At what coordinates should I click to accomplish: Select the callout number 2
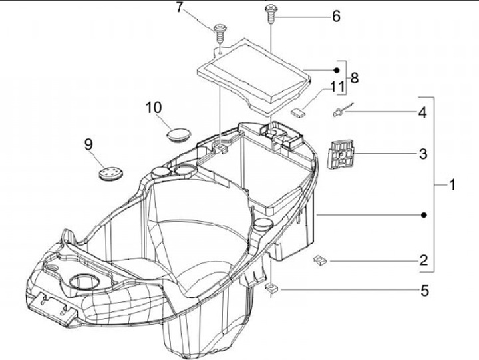coord(423,260)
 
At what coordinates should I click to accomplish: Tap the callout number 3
coord(423,155)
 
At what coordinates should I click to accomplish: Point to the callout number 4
coord(423,113)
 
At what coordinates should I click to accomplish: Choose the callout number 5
coord(423,291)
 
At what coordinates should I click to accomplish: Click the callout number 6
coord(336,16)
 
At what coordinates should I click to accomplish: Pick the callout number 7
coord(178,8)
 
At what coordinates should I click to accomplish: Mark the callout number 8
coord(354,78)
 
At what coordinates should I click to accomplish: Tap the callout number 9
coord(87,143)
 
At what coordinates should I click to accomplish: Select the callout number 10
coord(154,107)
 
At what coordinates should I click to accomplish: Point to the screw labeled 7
coord(220,30)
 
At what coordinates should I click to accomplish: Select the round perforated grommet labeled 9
coord(110,172)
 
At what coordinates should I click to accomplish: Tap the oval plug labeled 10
coord(178,134)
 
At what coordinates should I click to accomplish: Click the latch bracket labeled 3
coord(341,154)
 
